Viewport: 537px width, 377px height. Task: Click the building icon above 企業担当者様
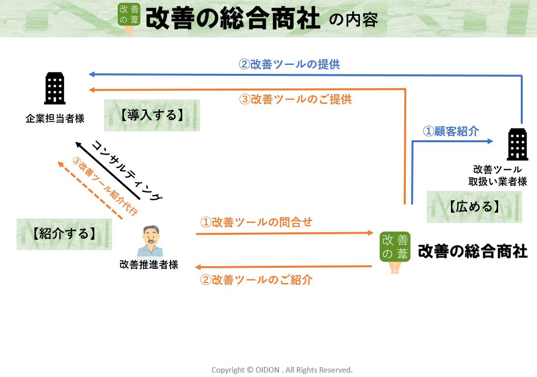(x=55, y=89)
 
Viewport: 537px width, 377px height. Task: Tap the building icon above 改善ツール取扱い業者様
(x=517, y=145)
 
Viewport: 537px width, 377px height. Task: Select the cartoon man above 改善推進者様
(x=150, y=241)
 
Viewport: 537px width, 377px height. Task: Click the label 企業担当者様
(x=55, y=119)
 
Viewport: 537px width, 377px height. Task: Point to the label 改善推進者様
(x=149, y=265)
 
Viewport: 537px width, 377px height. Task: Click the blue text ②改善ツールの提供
(x=289, y=64)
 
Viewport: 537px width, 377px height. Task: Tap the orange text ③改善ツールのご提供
(x=296, y=99)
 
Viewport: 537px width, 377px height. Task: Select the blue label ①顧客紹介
(x=451, y=131)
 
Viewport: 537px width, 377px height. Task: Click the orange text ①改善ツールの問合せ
(x=256, y=222)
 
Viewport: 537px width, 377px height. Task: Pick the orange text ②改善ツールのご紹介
(x=256, y=280)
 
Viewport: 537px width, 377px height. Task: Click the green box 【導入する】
(x=152, y=115)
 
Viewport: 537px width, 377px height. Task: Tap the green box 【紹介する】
(x=64, y=234)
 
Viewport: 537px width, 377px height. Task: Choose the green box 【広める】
(x=474, y=207)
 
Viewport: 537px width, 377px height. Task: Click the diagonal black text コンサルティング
(x=127, y=170)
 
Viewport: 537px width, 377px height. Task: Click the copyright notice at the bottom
(x=282, y=370)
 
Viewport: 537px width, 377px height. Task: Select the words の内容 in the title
(x=353, y=20)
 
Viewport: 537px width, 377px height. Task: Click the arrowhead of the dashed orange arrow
(x=60, y=164)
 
